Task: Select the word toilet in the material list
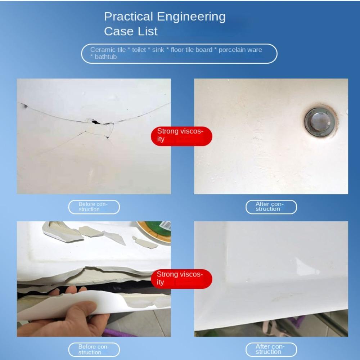click(139, 50)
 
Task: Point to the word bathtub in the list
click(105, 57)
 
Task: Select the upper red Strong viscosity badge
click(181, 136)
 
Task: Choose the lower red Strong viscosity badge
click(181, 279)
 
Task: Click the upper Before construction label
click(94, 207)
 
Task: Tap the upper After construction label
click(271, 207)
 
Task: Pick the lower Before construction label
click(94, 350)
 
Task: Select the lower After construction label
click(271, 350)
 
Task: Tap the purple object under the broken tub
click(120, 333)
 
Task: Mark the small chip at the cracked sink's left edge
click(24, 106)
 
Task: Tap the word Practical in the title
click(129, 17)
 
